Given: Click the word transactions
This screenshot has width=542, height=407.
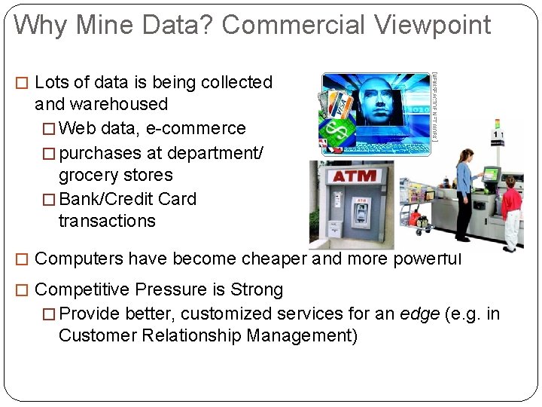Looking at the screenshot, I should tap(107, 222).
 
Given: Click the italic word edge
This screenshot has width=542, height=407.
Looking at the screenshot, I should tap(418, 314).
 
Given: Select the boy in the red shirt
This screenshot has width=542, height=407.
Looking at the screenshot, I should tap(511, 211).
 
